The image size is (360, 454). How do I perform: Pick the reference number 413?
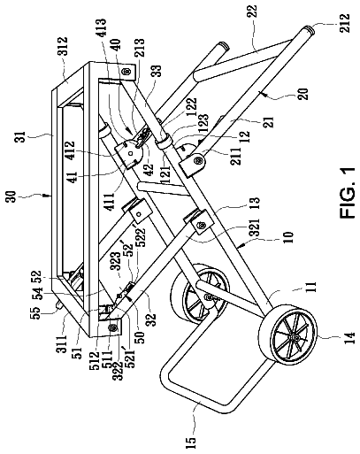[x=101, y=27]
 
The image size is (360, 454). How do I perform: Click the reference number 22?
[x=253, y=12]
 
